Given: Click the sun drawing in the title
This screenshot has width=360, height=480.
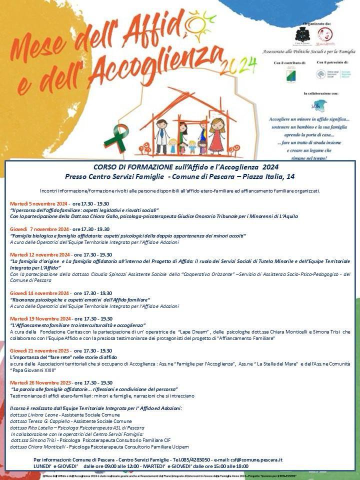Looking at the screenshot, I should (x=199, y=22).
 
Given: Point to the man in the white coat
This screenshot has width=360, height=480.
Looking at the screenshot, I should (x=161, y=135).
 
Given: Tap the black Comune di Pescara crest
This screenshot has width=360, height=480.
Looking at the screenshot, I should (x=302, y=34).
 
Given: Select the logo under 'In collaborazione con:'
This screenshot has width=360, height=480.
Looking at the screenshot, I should (x=318, y=105).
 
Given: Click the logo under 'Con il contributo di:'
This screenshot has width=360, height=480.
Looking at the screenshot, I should (x=290, y=75).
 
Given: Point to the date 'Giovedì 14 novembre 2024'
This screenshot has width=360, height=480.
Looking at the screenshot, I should (x=39, y=293).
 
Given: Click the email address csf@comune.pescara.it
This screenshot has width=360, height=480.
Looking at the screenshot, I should (x=259, y=459).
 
